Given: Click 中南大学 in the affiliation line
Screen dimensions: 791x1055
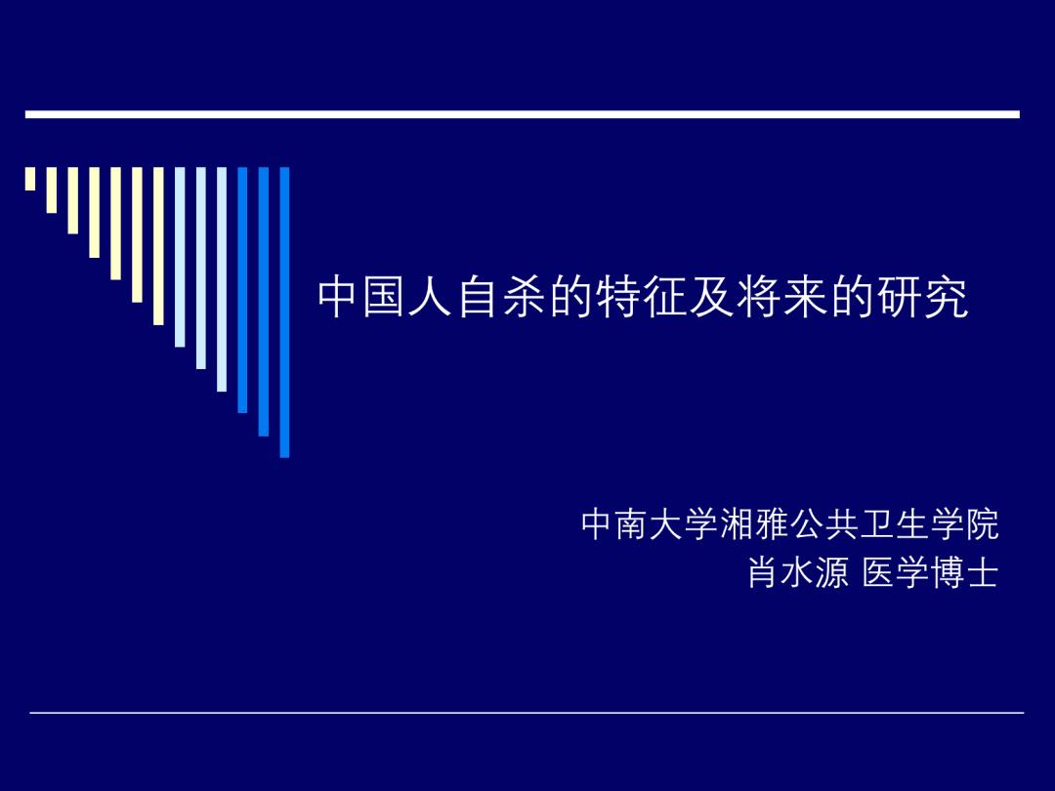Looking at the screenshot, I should coord(650,525).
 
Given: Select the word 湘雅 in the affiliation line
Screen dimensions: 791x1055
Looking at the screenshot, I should coord(755,525).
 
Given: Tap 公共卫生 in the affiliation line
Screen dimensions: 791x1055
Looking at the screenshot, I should coord(860,525).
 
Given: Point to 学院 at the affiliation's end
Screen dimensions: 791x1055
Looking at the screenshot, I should coord(964,525).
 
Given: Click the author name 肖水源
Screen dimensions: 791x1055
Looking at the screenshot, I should coord(798,573).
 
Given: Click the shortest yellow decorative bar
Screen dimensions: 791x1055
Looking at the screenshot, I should coord(30,179).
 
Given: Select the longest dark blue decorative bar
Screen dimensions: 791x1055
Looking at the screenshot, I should coord(285,312).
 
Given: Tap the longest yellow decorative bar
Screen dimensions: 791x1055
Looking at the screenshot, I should coord(158,245).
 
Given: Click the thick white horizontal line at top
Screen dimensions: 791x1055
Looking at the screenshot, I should coord(523,114).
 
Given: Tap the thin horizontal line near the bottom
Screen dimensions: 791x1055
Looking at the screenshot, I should coord(527,713).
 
